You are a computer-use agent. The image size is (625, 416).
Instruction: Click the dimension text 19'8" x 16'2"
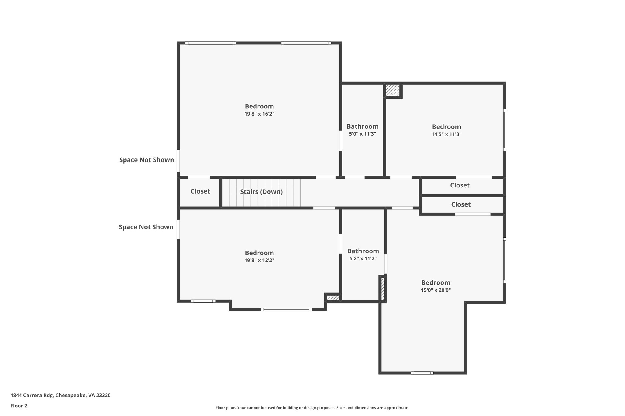259,114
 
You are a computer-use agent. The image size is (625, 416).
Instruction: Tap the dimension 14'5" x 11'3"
446,134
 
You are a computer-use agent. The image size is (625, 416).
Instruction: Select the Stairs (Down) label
261,192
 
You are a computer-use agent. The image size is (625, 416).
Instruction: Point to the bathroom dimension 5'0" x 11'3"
362,134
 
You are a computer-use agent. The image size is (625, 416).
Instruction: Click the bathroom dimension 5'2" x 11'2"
363,259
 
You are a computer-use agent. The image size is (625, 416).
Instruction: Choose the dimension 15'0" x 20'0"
435,290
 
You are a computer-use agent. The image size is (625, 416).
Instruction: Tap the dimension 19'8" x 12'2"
259,261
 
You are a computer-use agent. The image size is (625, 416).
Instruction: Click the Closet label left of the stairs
200,191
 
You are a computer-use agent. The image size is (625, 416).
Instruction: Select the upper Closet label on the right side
460,185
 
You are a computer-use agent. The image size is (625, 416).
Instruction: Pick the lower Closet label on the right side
461,204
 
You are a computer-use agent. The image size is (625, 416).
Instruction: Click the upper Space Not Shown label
146,160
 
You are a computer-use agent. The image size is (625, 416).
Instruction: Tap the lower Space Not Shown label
146,227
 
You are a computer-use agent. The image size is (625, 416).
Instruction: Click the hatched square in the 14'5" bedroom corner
392,90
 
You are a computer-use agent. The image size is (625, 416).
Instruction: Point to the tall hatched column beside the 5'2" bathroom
383,288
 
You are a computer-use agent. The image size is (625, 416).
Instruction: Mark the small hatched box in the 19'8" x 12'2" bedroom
333,298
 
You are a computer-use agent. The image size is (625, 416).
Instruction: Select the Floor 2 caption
19,406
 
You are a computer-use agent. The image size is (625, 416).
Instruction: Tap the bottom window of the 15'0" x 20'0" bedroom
422,373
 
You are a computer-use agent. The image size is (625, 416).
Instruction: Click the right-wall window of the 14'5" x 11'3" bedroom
504,130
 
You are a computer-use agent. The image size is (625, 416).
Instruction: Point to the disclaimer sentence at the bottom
312,408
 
